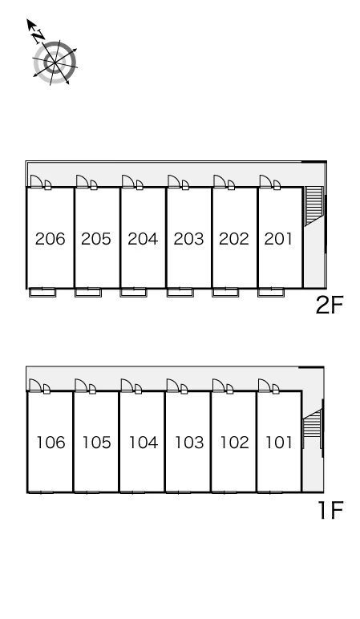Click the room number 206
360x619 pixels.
(x=51, y=239)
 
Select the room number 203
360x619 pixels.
(x=188, y=239)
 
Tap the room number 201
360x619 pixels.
(x=279, y=239)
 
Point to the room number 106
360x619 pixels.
(x=51, y=443)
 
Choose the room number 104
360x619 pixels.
(x=144, y=443)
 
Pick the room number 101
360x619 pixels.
(x=279, y=443)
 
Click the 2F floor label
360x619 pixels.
(x=330, y=305)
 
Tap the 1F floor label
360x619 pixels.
(x=331, y=510)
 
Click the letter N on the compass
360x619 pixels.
(x=38, y=36)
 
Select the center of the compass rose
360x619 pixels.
(x=55, y=63)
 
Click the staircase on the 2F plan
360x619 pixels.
(x=314, y=206)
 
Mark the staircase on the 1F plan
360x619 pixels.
(x=313, y=429)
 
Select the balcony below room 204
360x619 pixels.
(x=133, y=293)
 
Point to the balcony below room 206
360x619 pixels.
(x=42, y=293)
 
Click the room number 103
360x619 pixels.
(x=189, y=443)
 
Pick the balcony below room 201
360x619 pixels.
(x=271, y=293)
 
